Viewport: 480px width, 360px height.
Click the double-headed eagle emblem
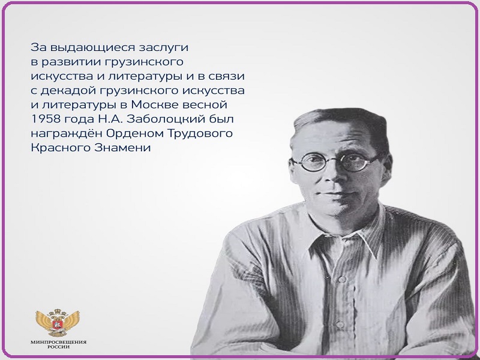coord(58,322)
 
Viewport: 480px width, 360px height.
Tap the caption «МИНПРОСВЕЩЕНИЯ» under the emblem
coord(58,342)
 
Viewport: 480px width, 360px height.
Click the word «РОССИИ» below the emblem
coord(58,347)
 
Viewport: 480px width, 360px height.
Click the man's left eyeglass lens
coord(313,163)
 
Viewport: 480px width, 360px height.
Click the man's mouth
coord(335,194)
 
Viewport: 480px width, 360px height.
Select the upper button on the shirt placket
coord(342,279)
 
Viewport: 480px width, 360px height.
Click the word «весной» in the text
coord(205,104)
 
